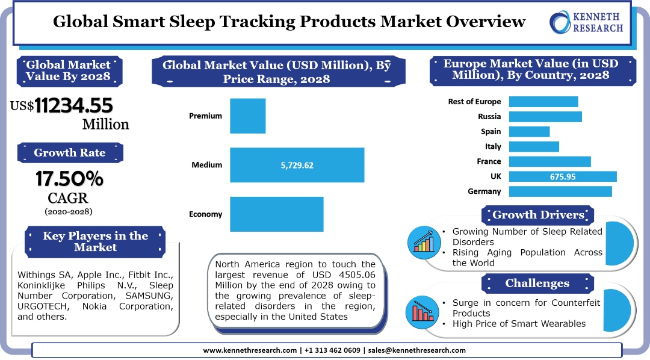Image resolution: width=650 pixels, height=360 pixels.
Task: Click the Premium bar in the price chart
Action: [247, 116]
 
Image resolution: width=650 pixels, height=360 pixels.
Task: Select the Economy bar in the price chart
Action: [276, 214]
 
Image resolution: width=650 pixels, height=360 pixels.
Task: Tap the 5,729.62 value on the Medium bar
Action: [297, 165]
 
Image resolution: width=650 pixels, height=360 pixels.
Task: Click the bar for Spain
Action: [529, 131]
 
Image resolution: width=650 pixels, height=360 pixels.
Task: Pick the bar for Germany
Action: [560, 191]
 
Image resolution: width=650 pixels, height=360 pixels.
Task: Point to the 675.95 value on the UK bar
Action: [563, 176]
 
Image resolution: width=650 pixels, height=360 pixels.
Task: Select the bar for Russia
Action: [545, 116]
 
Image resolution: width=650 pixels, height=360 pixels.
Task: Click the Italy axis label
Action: [493, 146]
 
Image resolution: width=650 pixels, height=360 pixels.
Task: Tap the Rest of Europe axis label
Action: [474, 101]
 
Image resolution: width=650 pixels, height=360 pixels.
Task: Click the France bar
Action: [549, 161]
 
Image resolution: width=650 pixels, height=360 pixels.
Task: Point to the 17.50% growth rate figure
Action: [69, 179]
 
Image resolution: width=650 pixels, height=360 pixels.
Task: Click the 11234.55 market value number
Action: [73, 106]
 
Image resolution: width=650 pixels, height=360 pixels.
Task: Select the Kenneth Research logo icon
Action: [562, 22]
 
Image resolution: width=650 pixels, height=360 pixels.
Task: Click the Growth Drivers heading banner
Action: [538, 215]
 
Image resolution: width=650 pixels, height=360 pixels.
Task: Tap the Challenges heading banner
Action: [537, 283]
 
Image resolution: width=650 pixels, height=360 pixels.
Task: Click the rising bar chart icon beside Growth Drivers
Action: [424, 241]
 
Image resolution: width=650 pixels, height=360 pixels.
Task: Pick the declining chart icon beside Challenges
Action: [424, 309]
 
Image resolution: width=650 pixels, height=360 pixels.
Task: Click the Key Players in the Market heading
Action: [95, 241]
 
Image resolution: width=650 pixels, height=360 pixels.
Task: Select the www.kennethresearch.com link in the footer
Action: [250, 350]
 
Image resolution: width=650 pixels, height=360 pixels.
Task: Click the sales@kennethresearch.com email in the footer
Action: [417, 350]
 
